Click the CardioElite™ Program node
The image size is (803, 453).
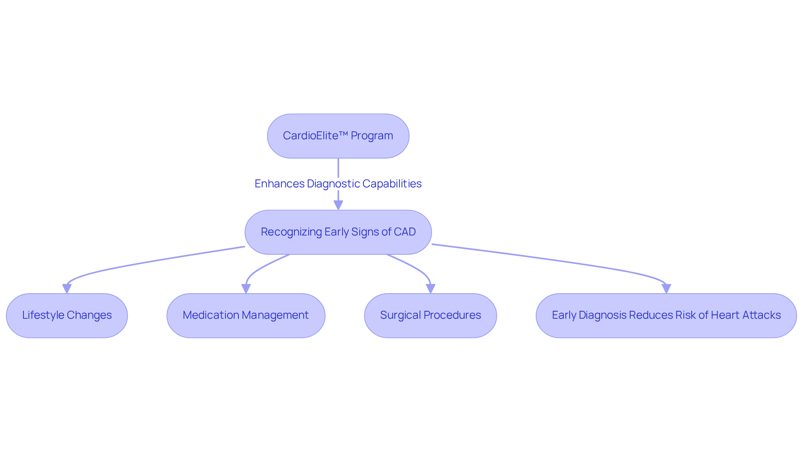click(x=338, y=136)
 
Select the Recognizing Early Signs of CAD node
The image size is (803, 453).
click(x=338, y=232)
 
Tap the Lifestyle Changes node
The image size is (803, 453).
click(x=67, y=315)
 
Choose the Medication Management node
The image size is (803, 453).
click(x=246, y=315)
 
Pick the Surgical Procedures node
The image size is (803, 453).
click(x=430, y=315)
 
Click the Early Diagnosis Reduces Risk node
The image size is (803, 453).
click(x=666, y=315)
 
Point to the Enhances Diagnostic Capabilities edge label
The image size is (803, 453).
click(x=338, y=184)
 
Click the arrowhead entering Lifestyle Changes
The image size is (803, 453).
click(x=67, y=289)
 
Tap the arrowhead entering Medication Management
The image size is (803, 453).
click(x=246, y=289)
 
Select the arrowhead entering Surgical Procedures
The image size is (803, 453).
click(x=430, y=289)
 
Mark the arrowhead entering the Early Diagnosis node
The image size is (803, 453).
click(x=666, y=289)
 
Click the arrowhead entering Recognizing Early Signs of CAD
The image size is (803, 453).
click(x=338, y=205)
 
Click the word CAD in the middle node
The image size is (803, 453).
click(x=404, y=232)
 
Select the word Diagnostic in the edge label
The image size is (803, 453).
click(x=333, y=184)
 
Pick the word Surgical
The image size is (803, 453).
click(x=399, y=315)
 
